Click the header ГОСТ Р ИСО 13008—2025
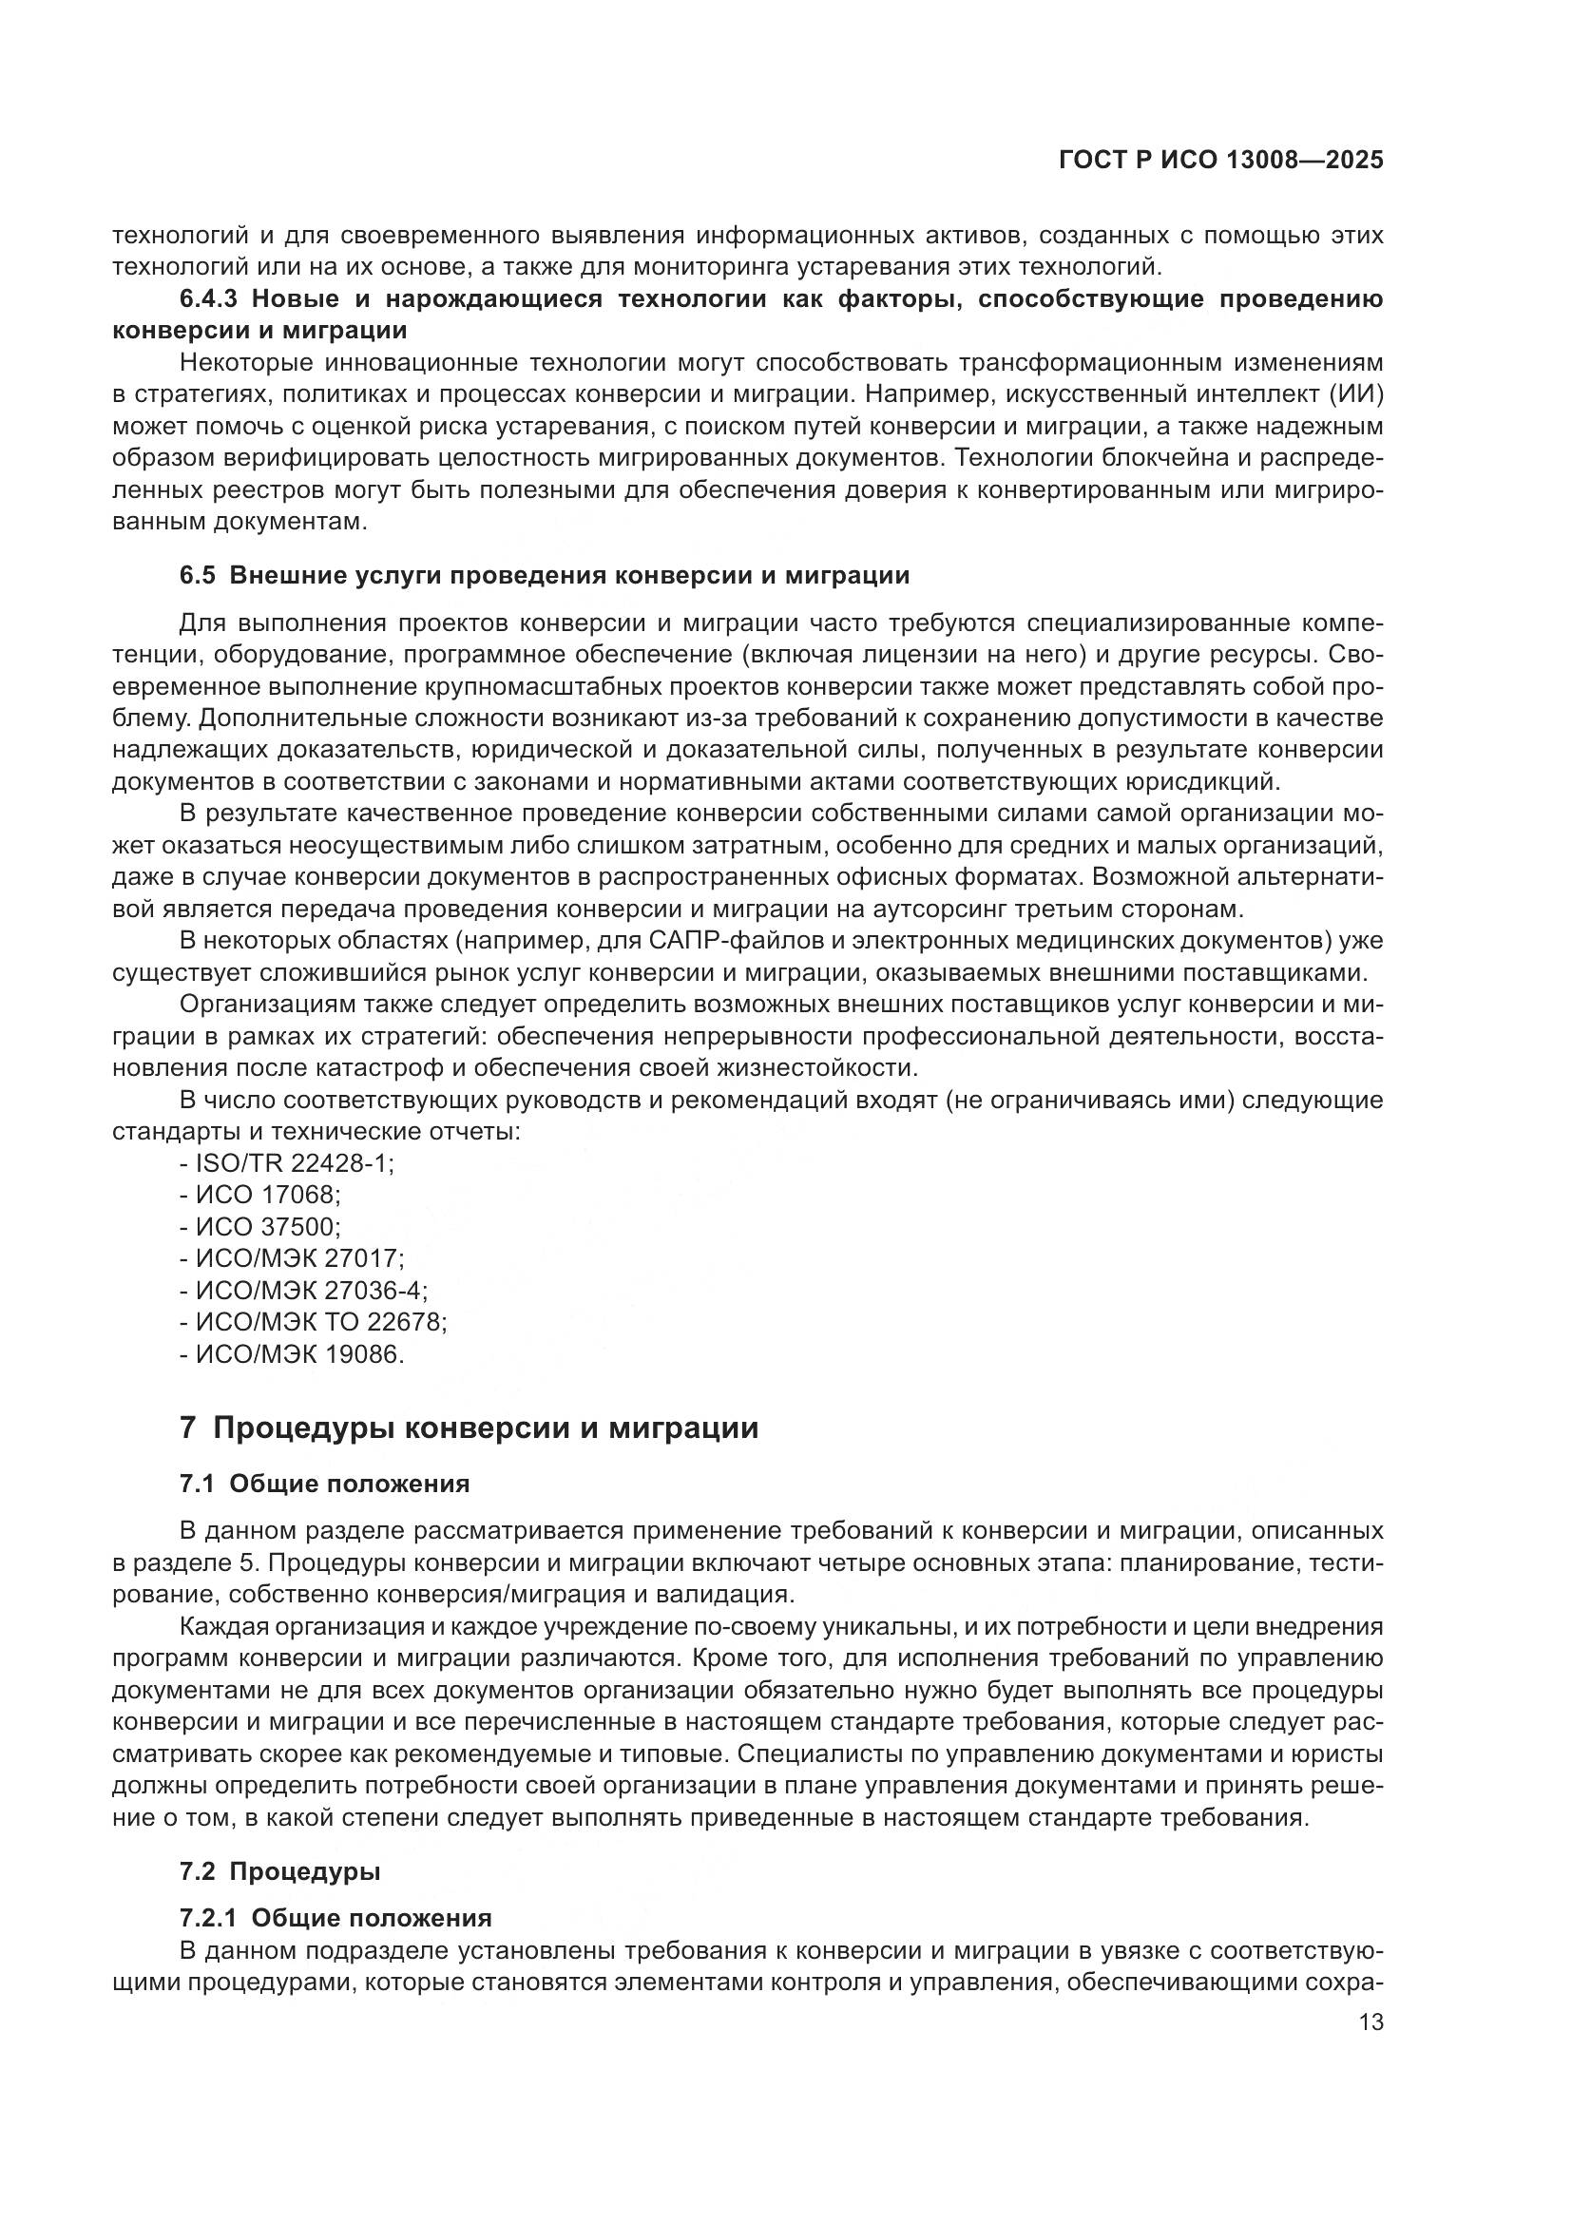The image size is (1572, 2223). tap(1220, 161)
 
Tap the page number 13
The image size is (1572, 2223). tap(1371, 2022)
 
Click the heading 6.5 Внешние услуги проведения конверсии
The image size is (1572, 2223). tap(544, 576)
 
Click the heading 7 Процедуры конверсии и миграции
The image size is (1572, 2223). tap(469, 1428)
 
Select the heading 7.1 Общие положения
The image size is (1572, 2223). tap(324, 1485)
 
